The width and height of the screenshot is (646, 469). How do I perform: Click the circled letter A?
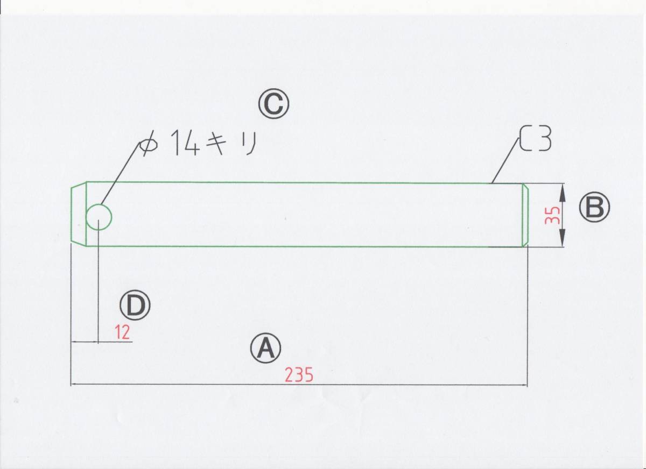[x=265, y=349]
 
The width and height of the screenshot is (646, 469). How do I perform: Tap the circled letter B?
[x=594, y=208]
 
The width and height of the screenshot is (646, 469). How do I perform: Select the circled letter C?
[x=273, y=104]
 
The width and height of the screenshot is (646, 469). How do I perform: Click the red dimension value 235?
[x=299, y=375]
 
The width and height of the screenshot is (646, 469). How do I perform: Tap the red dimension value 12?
[x=123, y=333]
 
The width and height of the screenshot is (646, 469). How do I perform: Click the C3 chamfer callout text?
[x=536, y=139]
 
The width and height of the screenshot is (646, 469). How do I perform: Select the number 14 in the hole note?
[x=186, y=144]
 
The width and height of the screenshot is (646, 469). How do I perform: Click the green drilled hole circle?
[x=99, y=217]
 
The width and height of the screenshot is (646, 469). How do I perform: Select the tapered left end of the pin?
[x=79, y=214]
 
